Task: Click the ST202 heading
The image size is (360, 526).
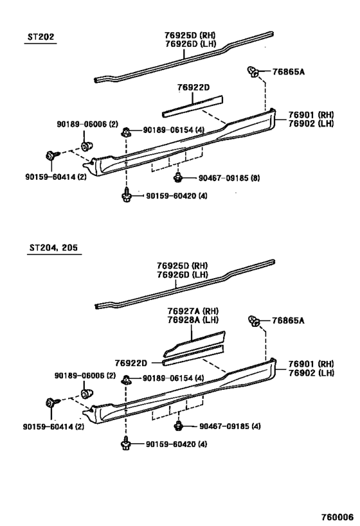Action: tap(40, 37)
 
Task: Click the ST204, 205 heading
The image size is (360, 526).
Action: tap(53, 247)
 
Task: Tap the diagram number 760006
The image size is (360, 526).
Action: tap(338, 516)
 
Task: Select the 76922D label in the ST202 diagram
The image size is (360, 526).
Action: tap(194, 87)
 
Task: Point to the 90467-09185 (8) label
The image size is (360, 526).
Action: tap(229, 178)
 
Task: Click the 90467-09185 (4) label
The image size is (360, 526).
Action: tap(230, 426)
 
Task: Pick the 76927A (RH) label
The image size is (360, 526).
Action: tap(193, 311)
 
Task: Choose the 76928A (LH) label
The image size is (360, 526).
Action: tap(193, 320)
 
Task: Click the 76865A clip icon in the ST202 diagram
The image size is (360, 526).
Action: tap(253, 72)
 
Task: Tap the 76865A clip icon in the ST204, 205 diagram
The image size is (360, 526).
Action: tap(253, 321)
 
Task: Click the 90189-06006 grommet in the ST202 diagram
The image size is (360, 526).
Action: tap(87, 146)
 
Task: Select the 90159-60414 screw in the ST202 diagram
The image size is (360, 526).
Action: tap(52, 155)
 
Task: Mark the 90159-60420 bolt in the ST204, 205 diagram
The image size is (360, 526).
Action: tap(125, 444)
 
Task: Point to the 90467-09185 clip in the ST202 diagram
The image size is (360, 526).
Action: tap(177, 177)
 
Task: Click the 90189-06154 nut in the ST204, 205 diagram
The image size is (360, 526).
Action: tap(126, 379)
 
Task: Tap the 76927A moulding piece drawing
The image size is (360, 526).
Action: tap(194, 344)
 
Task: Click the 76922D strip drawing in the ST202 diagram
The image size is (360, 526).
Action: tap(192, 107)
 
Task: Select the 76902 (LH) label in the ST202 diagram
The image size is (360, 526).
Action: tap(311, 123)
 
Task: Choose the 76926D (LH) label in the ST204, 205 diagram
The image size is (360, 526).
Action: tap(183, 274)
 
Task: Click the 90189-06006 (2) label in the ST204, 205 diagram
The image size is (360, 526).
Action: tap(85, 376)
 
